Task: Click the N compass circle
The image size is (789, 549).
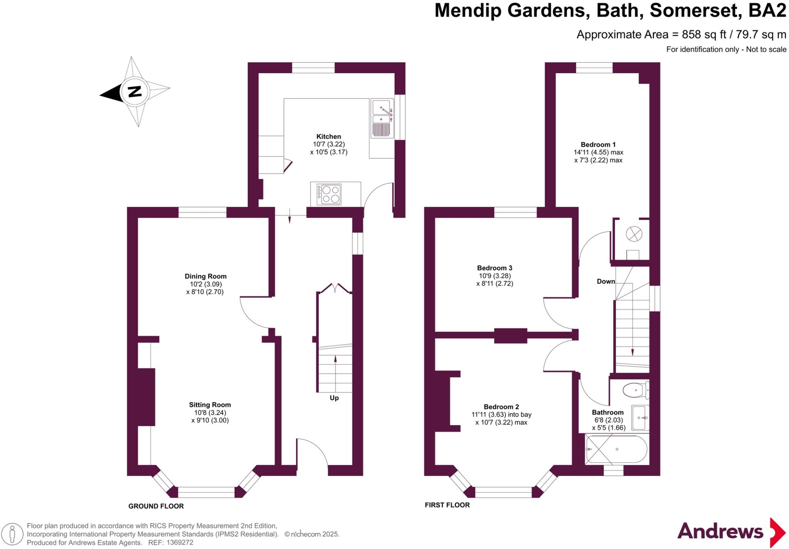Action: pos(134,92)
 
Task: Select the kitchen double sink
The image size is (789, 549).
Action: pos(382,118)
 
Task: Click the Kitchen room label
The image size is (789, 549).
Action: pos(329,136)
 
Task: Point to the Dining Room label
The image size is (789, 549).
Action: pos(205,276)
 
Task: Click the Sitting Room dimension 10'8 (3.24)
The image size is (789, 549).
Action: pos(210,412)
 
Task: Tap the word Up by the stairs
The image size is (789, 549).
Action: pos(334,398)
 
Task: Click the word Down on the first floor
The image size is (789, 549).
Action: pos(606,281)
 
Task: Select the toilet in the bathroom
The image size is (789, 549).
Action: pos(636,390)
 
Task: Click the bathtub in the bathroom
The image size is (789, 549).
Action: pos(616,449)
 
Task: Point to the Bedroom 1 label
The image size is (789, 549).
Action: pos(598,144)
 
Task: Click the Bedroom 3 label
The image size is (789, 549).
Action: pos(494,268)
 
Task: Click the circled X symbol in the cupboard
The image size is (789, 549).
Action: pos(634,234)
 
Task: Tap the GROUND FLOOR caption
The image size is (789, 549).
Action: pos(156,506)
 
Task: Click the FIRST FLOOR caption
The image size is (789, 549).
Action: pos(447,505)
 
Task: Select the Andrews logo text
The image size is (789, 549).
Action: pos(720,532)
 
